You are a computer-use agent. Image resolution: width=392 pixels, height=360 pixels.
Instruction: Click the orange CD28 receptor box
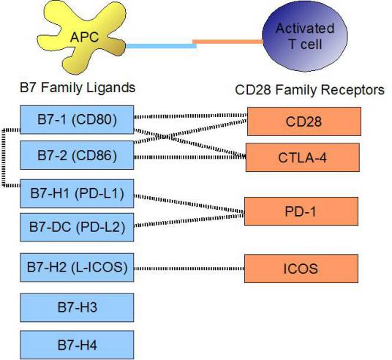coord(303,121)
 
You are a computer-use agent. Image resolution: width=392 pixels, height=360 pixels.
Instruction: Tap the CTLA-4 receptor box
coord(303,157)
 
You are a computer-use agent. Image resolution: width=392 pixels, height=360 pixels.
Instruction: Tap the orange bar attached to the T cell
coord(227,41)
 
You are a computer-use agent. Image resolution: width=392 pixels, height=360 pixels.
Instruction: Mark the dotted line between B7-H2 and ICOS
coord(189,268)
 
